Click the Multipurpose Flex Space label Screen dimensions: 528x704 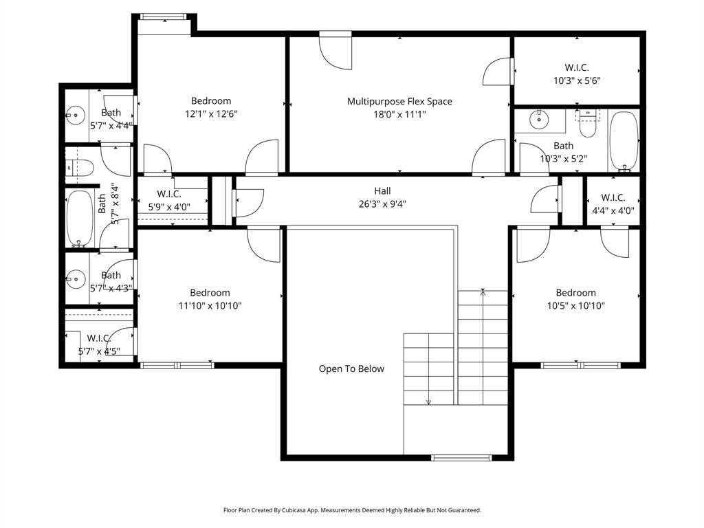coord(399,102)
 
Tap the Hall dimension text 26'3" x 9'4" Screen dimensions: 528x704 coord(382,204)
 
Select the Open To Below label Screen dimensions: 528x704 coord(351,369)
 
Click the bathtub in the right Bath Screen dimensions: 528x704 coord(624,140)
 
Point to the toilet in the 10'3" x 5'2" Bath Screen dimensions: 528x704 coord(588,124)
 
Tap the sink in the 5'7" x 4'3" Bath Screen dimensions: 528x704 coord(74,278)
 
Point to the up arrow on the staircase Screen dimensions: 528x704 coord(483,292)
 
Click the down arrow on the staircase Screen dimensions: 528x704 coord(428,402)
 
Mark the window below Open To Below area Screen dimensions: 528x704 coord(461,457)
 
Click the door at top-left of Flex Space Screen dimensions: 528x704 coord(335,52)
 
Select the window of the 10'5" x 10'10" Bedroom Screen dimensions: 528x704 coord(580,365)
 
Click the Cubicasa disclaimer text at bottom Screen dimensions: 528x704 coord(352,510)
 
